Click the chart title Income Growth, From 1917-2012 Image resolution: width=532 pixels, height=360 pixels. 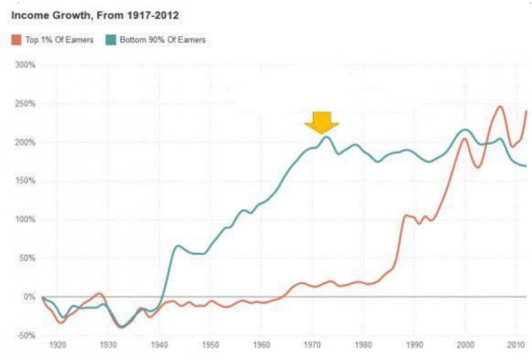point(95,16)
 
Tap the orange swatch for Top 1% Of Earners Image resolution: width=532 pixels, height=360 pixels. point(17,40)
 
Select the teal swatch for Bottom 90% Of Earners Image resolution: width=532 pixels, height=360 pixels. point(110,40)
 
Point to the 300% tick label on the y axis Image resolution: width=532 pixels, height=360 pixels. point(26,65)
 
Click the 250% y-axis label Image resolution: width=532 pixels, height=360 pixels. point(26,104)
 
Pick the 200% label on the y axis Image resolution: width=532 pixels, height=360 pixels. point(26,143)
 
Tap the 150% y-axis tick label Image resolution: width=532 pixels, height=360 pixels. point(26,181)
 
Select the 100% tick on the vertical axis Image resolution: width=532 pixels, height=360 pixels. point(26,219)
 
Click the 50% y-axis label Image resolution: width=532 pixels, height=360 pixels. point(27,258)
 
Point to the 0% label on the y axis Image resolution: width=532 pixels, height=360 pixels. point(29,297)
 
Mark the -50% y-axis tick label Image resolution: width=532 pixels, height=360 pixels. point(27,335)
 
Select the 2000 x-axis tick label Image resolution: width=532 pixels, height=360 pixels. point(465,345)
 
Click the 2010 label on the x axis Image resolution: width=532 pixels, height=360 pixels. point(515,345)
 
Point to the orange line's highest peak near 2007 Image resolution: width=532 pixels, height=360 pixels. point(500,107)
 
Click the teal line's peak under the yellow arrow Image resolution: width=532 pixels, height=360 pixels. point(326,137)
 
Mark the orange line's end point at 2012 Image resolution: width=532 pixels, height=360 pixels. point(526,111)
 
